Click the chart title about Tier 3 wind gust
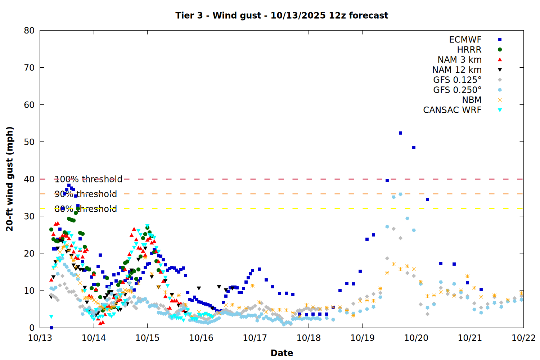(282, 15)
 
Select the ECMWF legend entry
(465, 40)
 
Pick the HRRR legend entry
(469, 50)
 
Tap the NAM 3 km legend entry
(459, 60)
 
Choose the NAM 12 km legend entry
(457, 70)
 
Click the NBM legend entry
(472, 100)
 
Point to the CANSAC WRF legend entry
(452, 110)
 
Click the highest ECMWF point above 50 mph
(400, 133)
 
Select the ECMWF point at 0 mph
(51, 328)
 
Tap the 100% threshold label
(88, 179)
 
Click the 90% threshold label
(86, 194)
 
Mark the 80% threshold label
(86, 209)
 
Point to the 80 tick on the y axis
(29, 31)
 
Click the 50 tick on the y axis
(29, 142)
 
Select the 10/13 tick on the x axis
(40, 338)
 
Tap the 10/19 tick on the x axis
(362, 338)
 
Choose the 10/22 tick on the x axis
(523, 338)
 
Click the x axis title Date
(282, 353)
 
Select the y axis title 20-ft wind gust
(10, 179)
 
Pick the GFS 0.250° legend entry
(457, 90)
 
